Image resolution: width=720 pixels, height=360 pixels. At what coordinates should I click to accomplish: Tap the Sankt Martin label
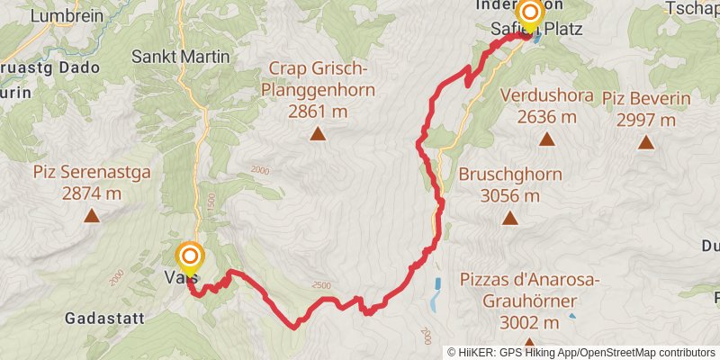click(x=181, y=56)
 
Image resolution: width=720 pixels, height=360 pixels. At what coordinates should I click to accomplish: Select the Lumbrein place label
click(x=59, y=15)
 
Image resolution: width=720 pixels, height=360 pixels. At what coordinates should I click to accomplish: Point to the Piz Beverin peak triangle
click(x=645, y=142)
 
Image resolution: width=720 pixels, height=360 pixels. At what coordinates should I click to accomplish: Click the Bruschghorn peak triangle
click(x=509, y=218)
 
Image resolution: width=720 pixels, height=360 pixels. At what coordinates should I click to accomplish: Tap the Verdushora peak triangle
click(x=546, y=139)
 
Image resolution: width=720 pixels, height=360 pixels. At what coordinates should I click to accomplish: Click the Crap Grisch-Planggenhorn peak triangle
click(x=317, y=135)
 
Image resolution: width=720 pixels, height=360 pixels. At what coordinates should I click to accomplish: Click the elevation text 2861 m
click(x=318, y=111)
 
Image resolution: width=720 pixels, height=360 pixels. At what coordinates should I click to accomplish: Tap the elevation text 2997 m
click(x=645, y=119)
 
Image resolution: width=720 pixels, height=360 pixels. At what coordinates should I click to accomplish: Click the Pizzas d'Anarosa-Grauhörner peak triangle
click(x=529, y=344)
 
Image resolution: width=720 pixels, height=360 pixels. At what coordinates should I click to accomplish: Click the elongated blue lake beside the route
click(x=436, y=293)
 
